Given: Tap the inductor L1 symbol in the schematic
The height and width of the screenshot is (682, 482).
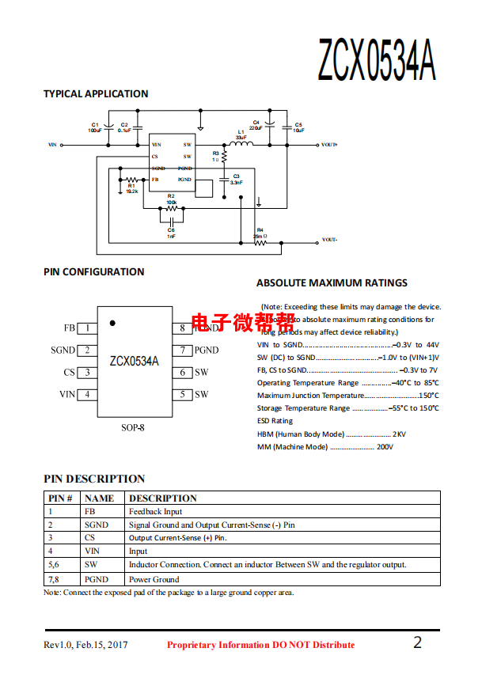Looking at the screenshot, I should (241, 144).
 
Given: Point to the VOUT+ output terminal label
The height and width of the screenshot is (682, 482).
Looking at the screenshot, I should (329, 145).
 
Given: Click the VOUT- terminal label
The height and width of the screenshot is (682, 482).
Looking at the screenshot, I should (329, 240).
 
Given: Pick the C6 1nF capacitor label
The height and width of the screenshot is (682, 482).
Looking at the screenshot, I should (171, 233).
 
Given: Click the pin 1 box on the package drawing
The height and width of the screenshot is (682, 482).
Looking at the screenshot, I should (86, 328).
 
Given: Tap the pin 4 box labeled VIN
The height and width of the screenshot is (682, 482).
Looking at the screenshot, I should (86, 395).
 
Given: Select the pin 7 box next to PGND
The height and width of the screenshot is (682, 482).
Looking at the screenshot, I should (182, 350).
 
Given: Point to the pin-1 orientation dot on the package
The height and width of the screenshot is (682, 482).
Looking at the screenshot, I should (112, 323).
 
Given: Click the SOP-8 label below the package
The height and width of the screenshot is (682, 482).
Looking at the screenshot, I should (133, 428).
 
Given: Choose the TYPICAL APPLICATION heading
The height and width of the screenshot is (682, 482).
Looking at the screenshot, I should (96, 93).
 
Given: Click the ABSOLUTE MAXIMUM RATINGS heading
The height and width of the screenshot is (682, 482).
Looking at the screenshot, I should (332, 282).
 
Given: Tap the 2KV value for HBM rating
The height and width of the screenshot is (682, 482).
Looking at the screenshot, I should (399, 434).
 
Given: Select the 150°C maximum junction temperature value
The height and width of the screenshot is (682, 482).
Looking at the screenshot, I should (428, 396).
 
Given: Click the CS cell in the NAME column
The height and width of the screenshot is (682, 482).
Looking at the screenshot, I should (90, 538).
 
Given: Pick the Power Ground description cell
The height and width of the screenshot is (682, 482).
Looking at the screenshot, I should (154, 579).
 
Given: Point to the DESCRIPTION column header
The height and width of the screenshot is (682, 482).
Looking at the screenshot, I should (163, 498).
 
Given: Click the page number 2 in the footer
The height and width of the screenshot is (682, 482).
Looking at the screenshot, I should (417, 642).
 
